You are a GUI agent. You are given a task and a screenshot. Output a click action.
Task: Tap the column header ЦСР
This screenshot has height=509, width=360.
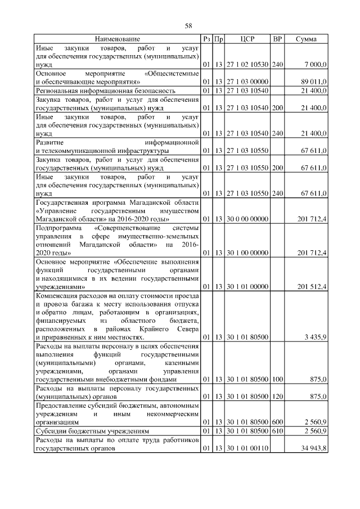click(x=247, y=39)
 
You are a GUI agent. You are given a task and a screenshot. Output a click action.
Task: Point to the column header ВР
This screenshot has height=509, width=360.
click(x=277, y=39)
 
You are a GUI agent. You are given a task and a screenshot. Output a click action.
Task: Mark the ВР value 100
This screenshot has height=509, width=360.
click(x=277, y=380)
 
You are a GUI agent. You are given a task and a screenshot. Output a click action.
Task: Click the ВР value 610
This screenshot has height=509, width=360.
click(x=277, y=431)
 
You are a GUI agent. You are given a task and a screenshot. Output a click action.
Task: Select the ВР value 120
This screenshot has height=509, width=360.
click(x=277, y=397)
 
